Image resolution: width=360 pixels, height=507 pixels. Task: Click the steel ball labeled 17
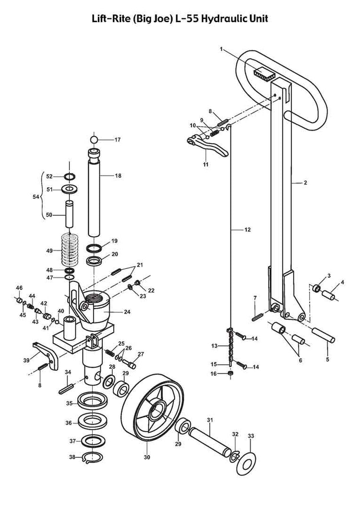(x=94, y=140)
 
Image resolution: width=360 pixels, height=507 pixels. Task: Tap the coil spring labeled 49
(x=71, y=250)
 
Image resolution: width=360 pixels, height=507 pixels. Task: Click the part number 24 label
(x=127, y=312)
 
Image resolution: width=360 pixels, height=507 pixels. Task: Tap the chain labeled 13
(x=230, y=346)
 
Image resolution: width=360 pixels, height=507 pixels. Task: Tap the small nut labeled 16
(x=230, y=374)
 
